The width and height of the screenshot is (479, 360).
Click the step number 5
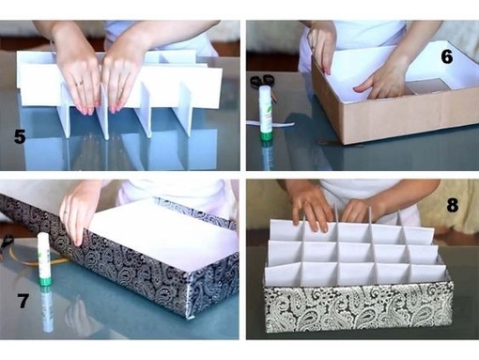coord(20,137)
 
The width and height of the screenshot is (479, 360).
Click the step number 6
coord(447,57)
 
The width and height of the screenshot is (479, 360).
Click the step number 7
coord(23,301)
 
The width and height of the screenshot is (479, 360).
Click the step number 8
coord(453,205)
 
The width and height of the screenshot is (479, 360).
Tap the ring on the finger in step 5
coord(79,84)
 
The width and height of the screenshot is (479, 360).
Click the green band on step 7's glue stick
coord(45,280)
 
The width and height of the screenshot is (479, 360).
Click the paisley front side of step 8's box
coord(358,308)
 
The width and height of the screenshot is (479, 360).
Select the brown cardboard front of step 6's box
coord(411,120)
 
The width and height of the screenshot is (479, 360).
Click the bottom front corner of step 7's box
coord(190,318)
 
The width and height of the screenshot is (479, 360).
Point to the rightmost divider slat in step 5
coord(184,110)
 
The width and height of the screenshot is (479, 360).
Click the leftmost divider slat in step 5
coord(66,111)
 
